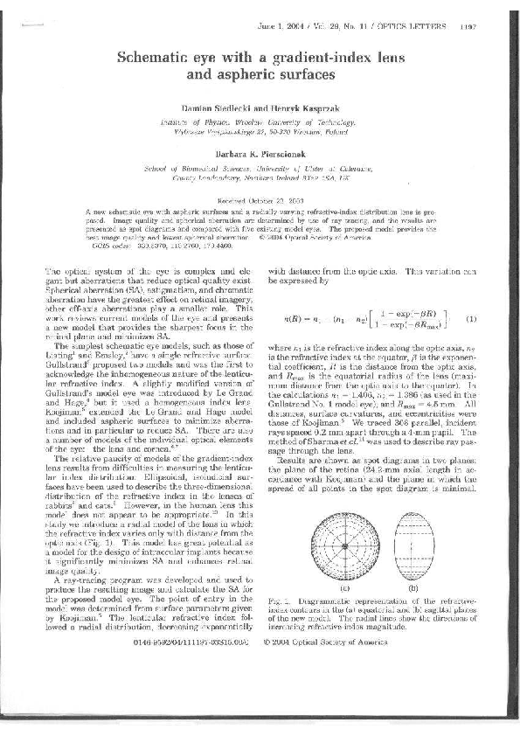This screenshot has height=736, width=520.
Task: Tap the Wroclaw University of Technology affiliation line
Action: pos(260,114)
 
